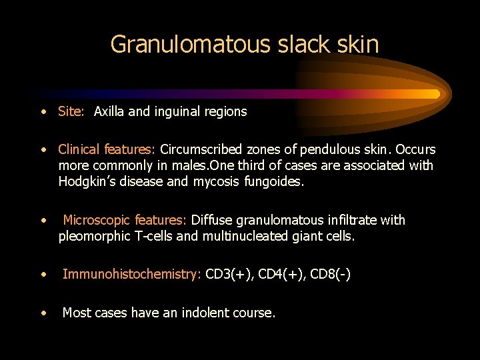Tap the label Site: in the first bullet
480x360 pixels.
pos(71,112)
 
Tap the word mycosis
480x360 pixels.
pos(217,181)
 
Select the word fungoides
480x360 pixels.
pos(274,181)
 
